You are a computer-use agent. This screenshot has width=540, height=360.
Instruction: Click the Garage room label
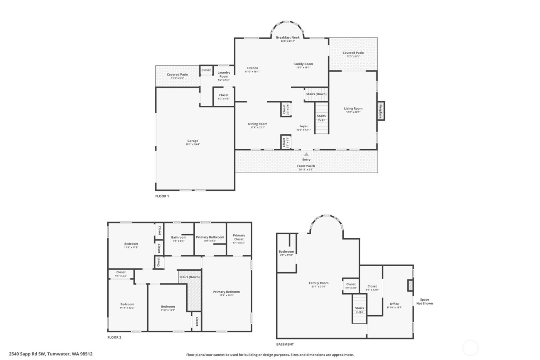[192, 141]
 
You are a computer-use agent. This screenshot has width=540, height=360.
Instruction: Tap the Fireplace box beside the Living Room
[381, 111]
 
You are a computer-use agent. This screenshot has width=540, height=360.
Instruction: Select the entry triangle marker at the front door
[306, 154]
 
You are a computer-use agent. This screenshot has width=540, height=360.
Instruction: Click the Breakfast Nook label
[287, 37]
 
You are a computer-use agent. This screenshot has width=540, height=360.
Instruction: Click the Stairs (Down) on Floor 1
[316, 94]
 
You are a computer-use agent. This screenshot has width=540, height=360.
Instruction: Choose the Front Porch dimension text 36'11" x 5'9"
[306, 169]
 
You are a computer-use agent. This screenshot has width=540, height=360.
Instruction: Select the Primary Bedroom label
[226, 292]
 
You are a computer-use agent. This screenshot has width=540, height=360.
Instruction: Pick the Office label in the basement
[394, 304]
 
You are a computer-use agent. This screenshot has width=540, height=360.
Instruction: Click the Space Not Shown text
[424, 301]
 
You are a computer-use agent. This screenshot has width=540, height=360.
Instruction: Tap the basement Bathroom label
[286, 252]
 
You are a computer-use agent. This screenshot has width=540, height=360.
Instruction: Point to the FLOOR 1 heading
[162, 196]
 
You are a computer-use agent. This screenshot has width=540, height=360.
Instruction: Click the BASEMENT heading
[285, 344]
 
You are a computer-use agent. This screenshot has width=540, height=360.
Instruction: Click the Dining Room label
[258, 124]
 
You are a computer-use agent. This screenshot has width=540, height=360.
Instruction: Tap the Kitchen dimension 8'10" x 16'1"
[252, 71]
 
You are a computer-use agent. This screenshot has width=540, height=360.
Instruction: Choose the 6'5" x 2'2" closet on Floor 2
[121, 275]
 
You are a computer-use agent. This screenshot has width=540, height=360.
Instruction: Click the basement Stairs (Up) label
[359, 310]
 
